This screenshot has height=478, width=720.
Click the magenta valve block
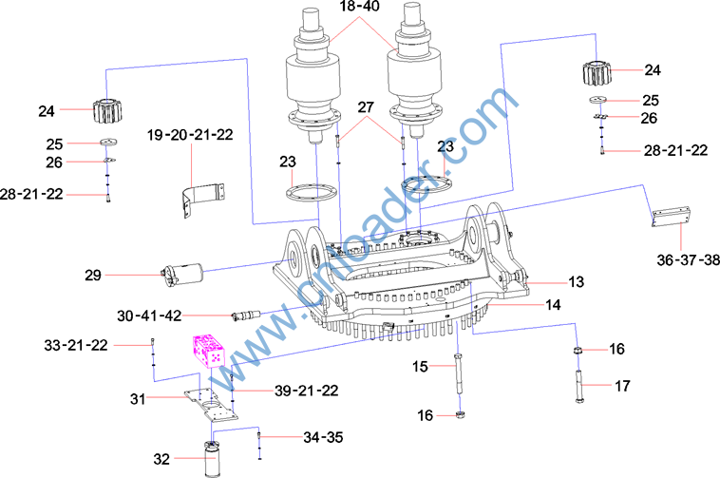point(209,351)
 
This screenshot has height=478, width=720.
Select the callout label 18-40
point(360,7)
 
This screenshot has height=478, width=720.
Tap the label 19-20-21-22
point(190,135)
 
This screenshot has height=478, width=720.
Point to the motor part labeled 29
point(182,275)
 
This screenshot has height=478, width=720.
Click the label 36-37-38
point(689,259)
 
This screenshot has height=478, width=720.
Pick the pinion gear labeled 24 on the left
point(107,110)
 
